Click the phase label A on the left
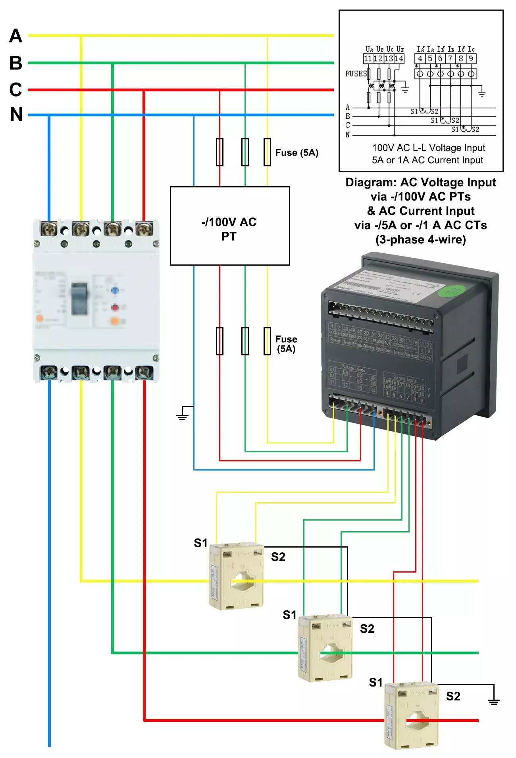tap(16, 36)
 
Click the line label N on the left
tap(16, 115)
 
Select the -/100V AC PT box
tap(230, 226)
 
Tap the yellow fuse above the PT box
tap(267, 152)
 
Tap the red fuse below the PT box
tap(219, 341)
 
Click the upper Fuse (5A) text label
tap(297, 153)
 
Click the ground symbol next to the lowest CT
tap(493, 701)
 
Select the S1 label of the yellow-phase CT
tap(201, 543)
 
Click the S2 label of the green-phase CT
tap(367, 629)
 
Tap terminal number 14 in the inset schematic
tap(399, 59)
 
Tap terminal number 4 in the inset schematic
tap(420, 59)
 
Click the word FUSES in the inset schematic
tap(356, 74)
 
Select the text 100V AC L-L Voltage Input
tap(428, 148)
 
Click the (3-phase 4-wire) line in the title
tap(420, 240)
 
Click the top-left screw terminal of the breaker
tap(49, 229)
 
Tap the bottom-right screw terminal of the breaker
tap(144, 372)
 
